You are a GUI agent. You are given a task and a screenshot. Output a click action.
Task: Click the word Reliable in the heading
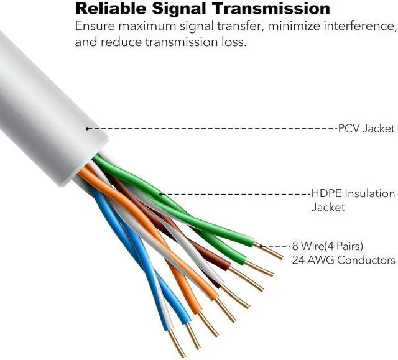pos(109,9)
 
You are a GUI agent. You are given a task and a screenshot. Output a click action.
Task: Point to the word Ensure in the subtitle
pos(94,27)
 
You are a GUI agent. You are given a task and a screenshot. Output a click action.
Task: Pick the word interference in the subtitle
pos(361,27)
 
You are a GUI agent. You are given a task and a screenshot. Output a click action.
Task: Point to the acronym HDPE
pos(325,194)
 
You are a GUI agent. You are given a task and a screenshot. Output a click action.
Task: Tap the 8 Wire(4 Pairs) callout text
pos(328,246)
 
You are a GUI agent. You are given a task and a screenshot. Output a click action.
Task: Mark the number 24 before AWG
pos(298,260)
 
